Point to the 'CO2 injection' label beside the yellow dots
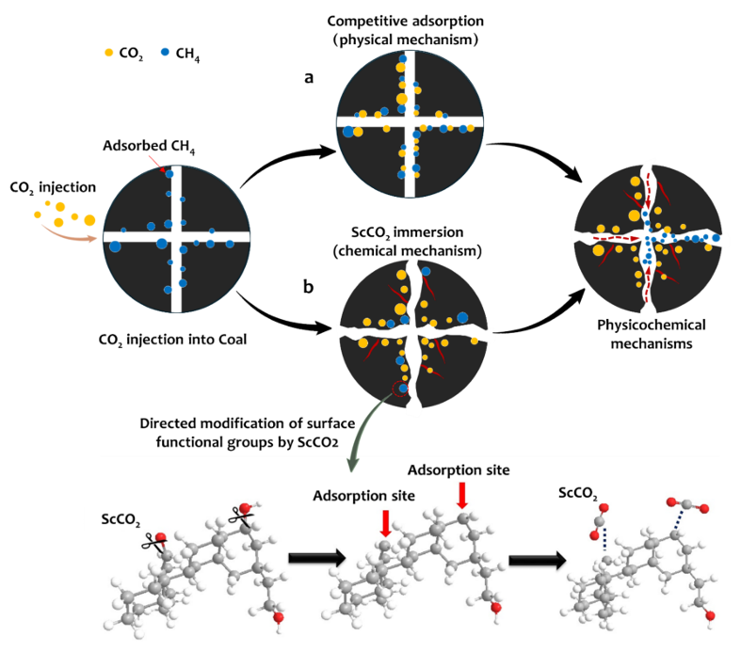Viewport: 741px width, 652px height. [46, 185]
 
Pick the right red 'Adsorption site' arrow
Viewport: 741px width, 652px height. [461, 494]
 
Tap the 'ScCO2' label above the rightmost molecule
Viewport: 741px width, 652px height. [577, 490]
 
